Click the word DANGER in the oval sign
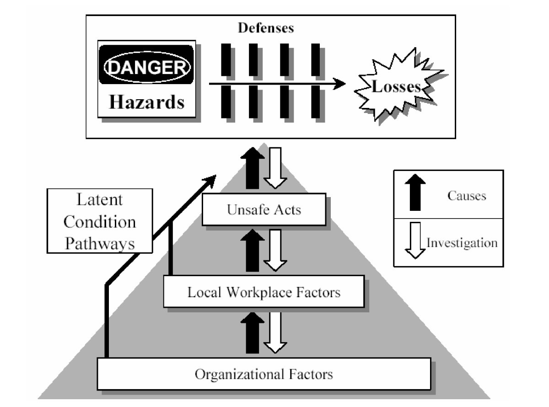click(x=146, y=68)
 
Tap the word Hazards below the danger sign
click(x=146, y=101)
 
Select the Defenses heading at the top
click(x=266, y=28)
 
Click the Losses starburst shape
click(x=396, y=87)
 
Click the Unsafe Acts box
click(x=264, y=209)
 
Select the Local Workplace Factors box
click(x=264, y=291)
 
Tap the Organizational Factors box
click(x=264, y=374)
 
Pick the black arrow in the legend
click(x=415, y=193)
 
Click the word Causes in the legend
click(x=467, y=196)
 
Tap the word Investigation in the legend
click(x=462, y=242)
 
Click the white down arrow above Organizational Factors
click(x=275, y=332)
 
